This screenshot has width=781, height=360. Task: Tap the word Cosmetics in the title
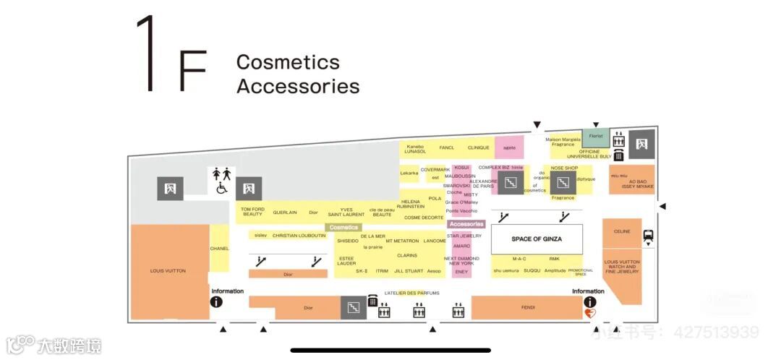coord(287,62)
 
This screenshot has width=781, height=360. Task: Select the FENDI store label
coord(528,308)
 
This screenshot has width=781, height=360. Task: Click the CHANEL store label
coord(219,249)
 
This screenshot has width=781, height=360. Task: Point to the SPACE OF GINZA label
coord(537,239)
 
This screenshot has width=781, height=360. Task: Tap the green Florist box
coord(596,136)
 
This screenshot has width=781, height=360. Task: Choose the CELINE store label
coord(622,232)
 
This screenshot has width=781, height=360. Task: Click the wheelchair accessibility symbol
coord(221,188)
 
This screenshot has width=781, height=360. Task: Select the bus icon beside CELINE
coord(648,235)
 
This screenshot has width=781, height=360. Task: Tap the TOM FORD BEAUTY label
coord(252,212)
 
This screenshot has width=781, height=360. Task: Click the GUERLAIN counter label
coord(285,213)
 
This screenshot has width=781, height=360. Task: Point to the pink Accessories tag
coord(466,224)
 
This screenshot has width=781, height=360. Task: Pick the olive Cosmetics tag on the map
coord(343,227)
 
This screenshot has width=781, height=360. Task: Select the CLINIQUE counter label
coord(479,147)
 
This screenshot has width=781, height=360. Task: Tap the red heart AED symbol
coord(590,314)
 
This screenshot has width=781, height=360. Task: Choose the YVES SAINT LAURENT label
coord(346,212)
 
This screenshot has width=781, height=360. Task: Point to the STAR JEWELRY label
coord(464,236)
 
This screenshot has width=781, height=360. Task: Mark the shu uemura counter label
coord(506,270)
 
